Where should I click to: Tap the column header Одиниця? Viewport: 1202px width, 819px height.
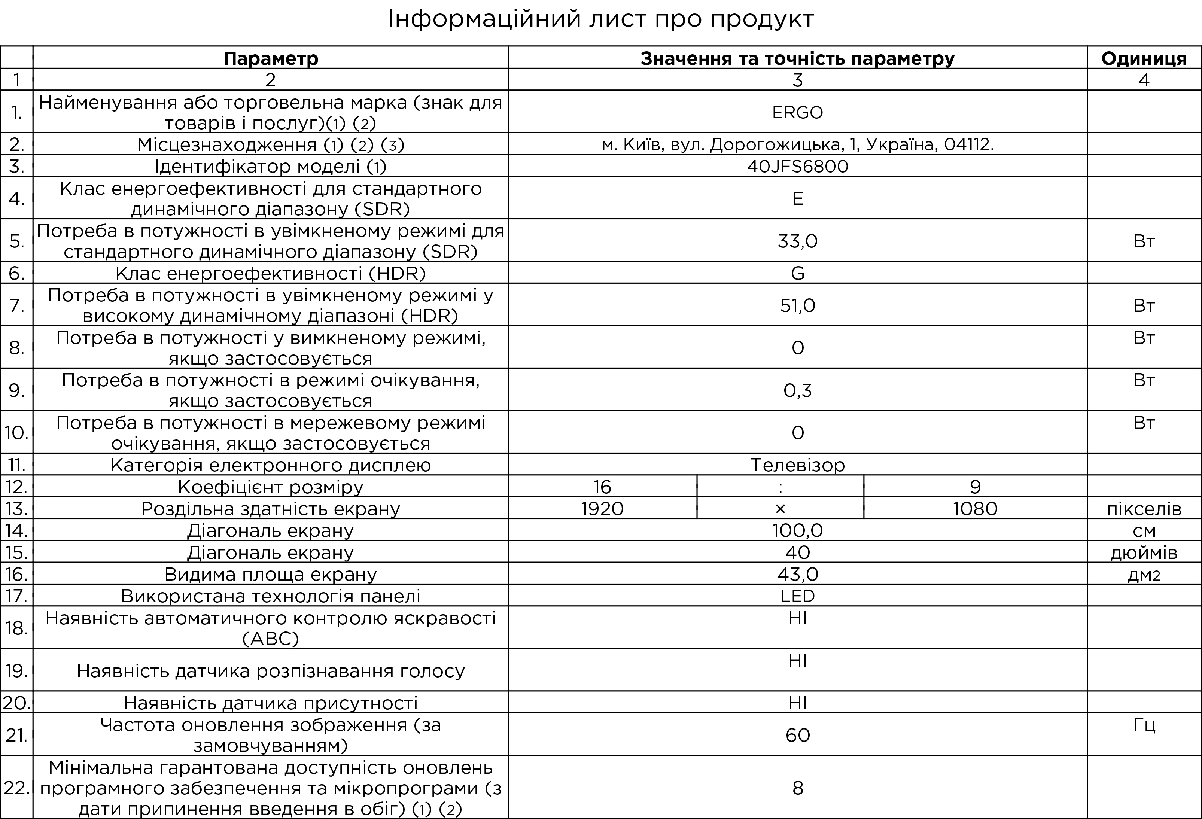point(1144,58)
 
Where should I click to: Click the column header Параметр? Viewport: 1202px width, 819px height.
point(271,58)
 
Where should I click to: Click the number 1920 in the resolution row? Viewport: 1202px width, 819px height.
point(602,509)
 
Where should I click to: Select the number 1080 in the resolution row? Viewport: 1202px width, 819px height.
point(975,509)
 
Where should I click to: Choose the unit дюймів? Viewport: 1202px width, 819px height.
point(1144,553)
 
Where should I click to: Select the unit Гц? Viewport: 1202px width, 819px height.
point(1144,725)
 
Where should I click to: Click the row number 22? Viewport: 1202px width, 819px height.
point(16,788)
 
